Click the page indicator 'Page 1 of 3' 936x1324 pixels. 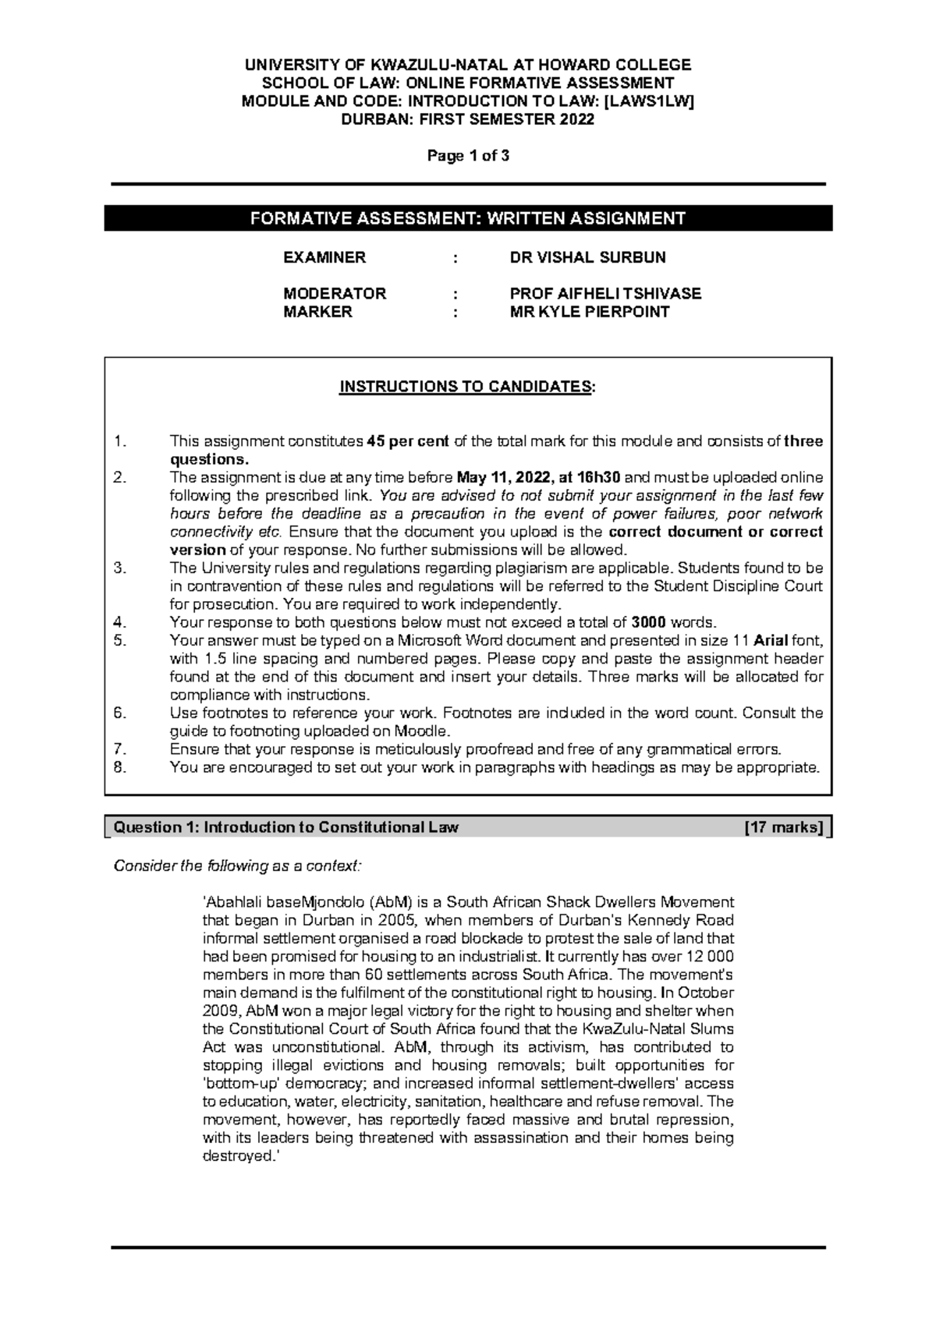[467, 155]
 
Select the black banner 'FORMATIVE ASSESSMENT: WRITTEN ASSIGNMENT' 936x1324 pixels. [467, 218]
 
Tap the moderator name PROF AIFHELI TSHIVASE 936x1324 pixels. [604, 294]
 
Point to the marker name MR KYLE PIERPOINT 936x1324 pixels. [589, 312]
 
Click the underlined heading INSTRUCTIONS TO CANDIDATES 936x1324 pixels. [466, 388]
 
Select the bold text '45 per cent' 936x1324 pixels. [407, 442]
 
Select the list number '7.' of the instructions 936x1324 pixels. [119, 749]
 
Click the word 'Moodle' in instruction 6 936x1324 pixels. [422, 731]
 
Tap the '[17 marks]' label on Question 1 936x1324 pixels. [784, 827]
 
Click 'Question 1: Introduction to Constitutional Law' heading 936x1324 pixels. [286, 827]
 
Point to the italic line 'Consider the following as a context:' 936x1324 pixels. [238, 866]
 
